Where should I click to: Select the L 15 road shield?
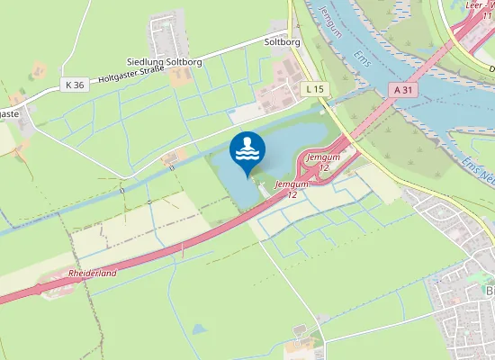313,88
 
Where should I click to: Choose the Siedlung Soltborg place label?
163,60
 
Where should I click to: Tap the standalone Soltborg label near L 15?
281,41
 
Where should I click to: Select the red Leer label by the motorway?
474,4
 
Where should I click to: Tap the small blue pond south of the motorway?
200,329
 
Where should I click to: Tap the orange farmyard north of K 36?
39,69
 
